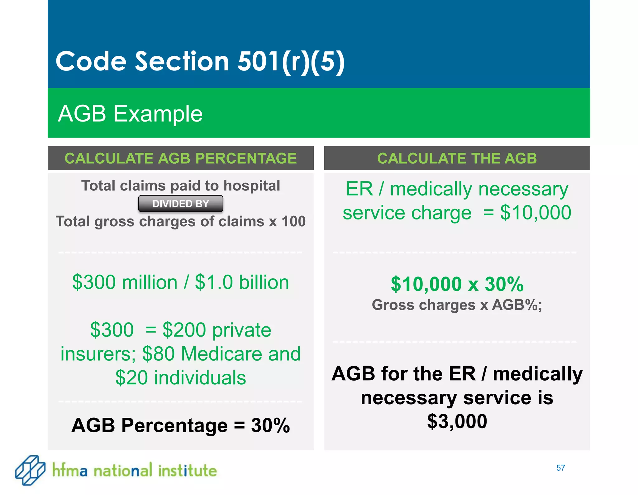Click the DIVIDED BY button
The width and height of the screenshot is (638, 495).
[x=180, y=204]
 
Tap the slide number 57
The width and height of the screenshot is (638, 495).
[x=560, y=468]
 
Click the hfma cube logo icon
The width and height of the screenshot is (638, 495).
[x=30, y=470]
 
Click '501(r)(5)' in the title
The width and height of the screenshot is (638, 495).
[x=291, y=61]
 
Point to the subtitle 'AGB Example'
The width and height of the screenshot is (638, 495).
[x=130, y=114]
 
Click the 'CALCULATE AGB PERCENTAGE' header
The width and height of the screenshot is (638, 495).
[x=180, y=158]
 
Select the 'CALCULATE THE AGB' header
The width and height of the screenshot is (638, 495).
[x=457, y=158]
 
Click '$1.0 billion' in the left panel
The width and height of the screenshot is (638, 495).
[x=242, y=282]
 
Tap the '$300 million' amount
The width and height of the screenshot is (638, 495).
[x=125, y=282]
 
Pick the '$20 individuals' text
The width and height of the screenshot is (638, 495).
[x=180, y=378]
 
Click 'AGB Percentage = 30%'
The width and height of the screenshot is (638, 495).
[x=180, y=425]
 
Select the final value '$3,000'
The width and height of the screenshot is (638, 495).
[x=457, y=421]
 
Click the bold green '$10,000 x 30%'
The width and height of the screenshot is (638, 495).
[x=457, y=284]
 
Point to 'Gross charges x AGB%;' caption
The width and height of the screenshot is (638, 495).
[x=457, y=305]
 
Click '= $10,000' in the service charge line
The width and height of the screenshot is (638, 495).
[x=527, y=213]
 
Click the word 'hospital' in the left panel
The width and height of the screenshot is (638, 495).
[x=252, y=186]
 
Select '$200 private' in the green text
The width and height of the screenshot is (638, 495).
[x=217, y=330]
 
